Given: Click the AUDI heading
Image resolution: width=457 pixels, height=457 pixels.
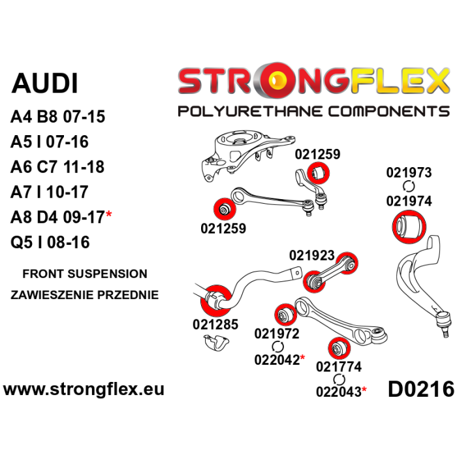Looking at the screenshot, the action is [x=45, y=84].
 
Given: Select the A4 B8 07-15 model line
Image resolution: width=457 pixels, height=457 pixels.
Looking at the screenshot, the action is [x=57, y=118].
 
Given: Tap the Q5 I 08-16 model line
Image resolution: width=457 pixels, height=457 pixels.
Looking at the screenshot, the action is [x=50, y=242].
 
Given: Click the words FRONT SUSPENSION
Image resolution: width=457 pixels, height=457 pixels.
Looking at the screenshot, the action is [x=85, y=274].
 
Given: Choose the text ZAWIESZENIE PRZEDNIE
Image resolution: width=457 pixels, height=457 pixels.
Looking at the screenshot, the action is [x=85, y=294].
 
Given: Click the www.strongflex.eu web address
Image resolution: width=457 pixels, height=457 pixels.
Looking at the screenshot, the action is [x=84, y=390].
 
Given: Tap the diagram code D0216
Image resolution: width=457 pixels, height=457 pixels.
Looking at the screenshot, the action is [x=420, y=390].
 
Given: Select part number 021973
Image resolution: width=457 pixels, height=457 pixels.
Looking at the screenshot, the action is [x=409, y=173].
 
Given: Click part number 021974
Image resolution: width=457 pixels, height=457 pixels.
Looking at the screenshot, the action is [x=409, y=202].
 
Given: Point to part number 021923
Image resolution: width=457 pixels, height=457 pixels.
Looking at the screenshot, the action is [x=311, y=255].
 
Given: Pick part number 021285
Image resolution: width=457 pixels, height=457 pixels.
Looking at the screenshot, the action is [x=215, y=324].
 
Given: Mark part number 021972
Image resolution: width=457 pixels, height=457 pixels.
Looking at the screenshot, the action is [x=276, y=334].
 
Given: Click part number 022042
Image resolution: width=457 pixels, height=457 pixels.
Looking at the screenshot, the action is [x=276, y=359].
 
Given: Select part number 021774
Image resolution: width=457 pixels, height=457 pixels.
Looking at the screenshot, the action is [x=339, y=367].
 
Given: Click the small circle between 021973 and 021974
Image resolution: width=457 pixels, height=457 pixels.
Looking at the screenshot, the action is [x=409, y=187].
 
